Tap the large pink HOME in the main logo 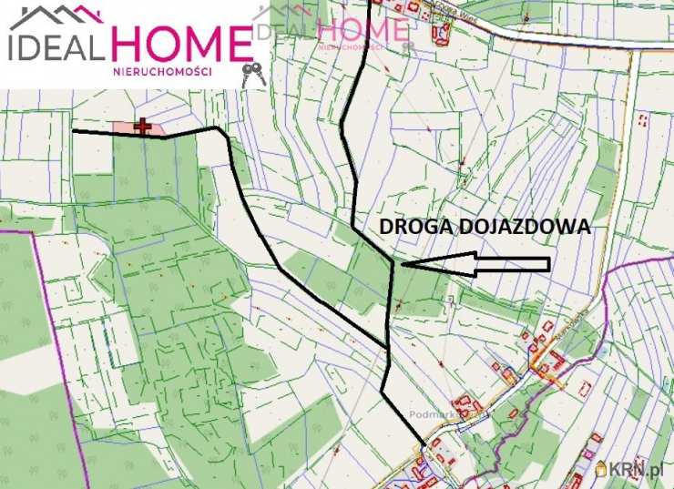[x=181, y=43]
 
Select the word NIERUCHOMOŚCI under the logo [x=162, y=70]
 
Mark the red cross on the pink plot [x=142, y=128]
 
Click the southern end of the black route [x=424, y=443]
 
